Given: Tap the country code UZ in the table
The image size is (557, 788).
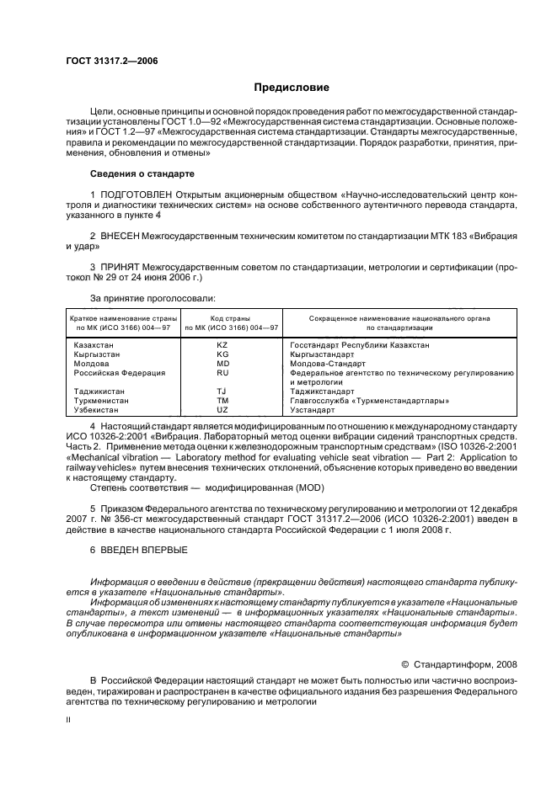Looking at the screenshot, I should pyautogui.click(x=222, y=409).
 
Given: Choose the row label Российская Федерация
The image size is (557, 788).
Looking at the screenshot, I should pyautogui.click(x=119, y=372).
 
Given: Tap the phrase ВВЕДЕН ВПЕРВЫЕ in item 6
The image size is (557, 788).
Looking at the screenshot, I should pyautogui.click(x=144, y=549).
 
